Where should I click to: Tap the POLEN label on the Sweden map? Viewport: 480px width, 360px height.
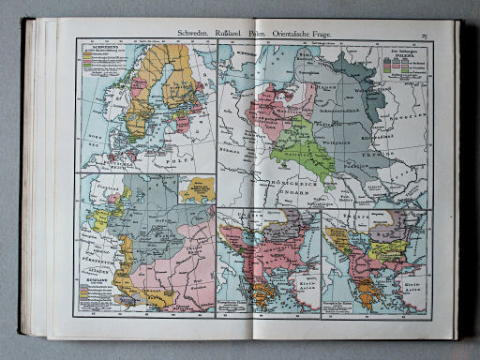pos(181,160)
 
